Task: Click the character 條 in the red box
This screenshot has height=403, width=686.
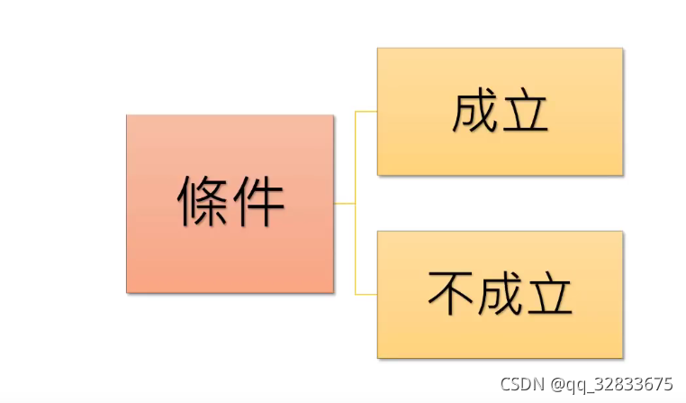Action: tap(203, 202)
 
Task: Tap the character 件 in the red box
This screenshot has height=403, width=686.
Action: tap(258, 202)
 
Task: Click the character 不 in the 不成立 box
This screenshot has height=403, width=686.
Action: tap(448, 294)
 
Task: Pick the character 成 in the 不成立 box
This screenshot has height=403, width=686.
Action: tap(500, 294)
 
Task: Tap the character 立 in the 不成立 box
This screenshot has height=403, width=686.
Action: tap(551, 294)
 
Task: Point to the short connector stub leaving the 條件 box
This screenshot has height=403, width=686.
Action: tap(344, 204)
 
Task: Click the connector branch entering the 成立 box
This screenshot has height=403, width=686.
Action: tap(366, 112)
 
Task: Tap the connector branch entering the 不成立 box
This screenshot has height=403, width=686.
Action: tap(366, 294)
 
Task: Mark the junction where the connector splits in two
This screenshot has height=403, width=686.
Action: tap(356, 204)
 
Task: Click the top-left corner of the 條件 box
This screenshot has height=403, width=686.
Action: tap(127, 115)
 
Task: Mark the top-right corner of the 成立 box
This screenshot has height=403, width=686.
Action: tap(622, 49)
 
